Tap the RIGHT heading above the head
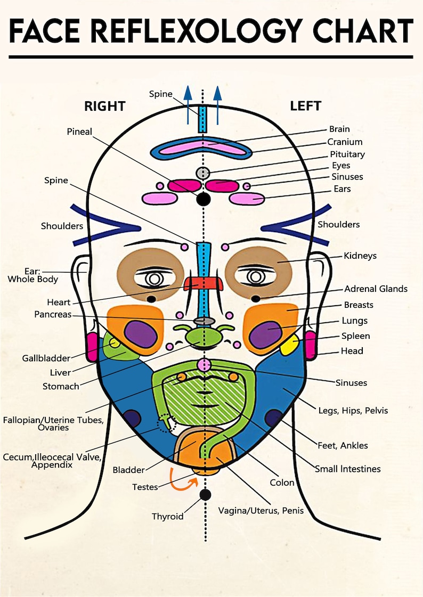104,106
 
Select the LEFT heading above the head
305,106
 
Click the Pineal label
79,131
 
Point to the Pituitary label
347,154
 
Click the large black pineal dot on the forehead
202,199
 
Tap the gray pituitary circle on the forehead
202,173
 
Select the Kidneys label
360,256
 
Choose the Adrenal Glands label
376,289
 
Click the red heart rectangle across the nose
202,283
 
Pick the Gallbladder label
45,358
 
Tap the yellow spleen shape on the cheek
289,346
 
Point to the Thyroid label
167,516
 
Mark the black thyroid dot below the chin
204,495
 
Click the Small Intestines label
347,469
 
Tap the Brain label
339,129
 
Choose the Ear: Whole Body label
33,275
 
